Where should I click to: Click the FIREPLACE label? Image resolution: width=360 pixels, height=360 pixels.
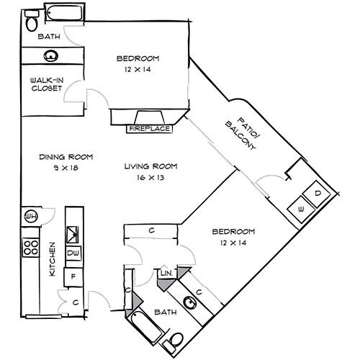pyautogui.click(x=150, y=129)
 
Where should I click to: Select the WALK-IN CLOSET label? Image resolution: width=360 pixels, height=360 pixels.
pyautogui.click(x=45, y=84)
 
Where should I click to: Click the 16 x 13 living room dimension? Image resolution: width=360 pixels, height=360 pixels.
pyautogui.click(x=150, y=178)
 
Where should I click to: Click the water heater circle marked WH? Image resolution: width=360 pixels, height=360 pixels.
pyautogui.click(x=31, y=217)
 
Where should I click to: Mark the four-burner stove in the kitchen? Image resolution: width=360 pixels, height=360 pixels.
pyautogui.click(x=31, y=248)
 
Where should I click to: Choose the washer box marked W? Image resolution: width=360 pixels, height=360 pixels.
pyautogui.click(x=300, y=210)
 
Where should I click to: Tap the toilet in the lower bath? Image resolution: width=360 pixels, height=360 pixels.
pyautogui.click(x=176, y=339)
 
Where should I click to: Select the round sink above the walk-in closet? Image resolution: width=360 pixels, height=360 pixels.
pyautogui.click(x=51, y=55)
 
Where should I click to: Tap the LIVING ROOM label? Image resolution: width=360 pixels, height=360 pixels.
pyautogui.click(x=150, y=166)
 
